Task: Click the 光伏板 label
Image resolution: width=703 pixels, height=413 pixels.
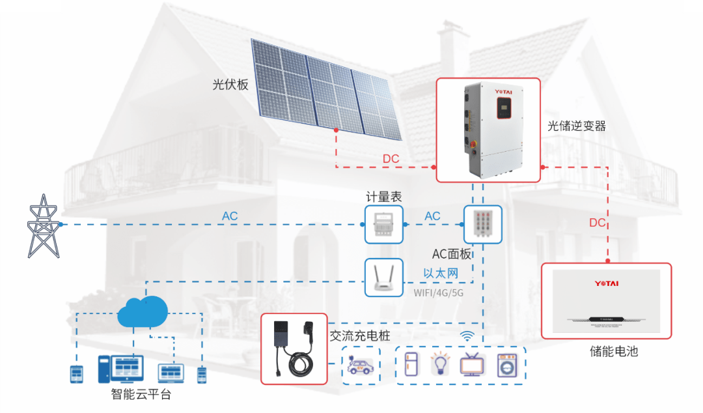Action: [230, 84]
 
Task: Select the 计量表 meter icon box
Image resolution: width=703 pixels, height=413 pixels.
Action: [383, 224]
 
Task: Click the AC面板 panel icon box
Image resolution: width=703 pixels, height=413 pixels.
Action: [482, 224]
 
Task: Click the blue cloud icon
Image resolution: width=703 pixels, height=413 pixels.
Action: [143, 312]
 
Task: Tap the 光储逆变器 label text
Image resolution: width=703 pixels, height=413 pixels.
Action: [577, 126]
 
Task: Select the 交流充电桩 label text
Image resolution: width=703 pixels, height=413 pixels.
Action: [360, 336]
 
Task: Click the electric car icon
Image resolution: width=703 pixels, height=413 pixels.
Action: [361, 365]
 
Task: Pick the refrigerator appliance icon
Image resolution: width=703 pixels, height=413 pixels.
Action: [411, 364]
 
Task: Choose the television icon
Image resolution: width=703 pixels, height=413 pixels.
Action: [472, 365]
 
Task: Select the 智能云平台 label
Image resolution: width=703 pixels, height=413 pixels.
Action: [141, 394]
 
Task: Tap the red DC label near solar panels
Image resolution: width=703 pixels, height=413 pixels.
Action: [391, 159]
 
